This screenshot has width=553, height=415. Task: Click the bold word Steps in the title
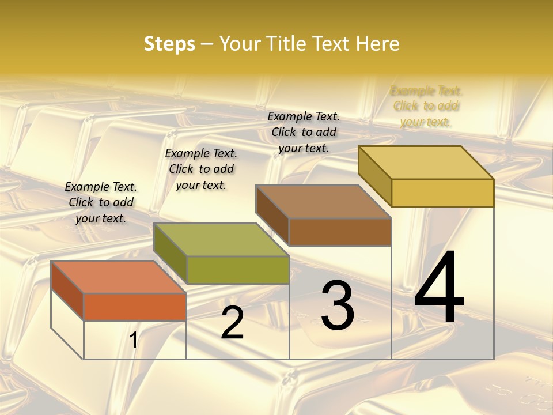pyautogui.click(x=169, y=44)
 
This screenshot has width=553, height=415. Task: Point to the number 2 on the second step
pyautogui.click(x=233, y=323)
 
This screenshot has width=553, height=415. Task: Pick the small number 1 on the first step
pyautogui.click(x=133, y=341)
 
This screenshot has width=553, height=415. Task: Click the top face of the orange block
pyautogui.click(x=118, y=277)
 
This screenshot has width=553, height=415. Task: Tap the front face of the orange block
pyautogui.click(x=135, y=307)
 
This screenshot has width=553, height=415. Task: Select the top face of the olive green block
pyautogui.click(x=221, y=240)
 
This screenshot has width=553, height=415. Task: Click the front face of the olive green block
pyautogui.click(x=238, y=270)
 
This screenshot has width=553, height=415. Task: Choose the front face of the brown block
pyautogui.click(x=340, y=232)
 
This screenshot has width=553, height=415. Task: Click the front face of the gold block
pyautogui.click(x=442, y=193)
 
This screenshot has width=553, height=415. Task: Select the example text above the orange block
pyautogui.click(x=101, y=202)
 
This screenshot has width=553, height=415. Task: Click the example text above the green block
pyautogui.click(x=201, y=169)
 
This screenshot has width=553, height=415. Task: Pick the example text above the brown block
pyautogui.click(x=304, y=132)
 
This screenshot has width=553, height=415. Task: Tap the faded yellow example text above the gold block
pyautogui.click(x=426, y=106)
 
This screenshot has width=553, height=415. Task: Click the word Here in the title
pyautogui.click(x=378, y=44)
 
